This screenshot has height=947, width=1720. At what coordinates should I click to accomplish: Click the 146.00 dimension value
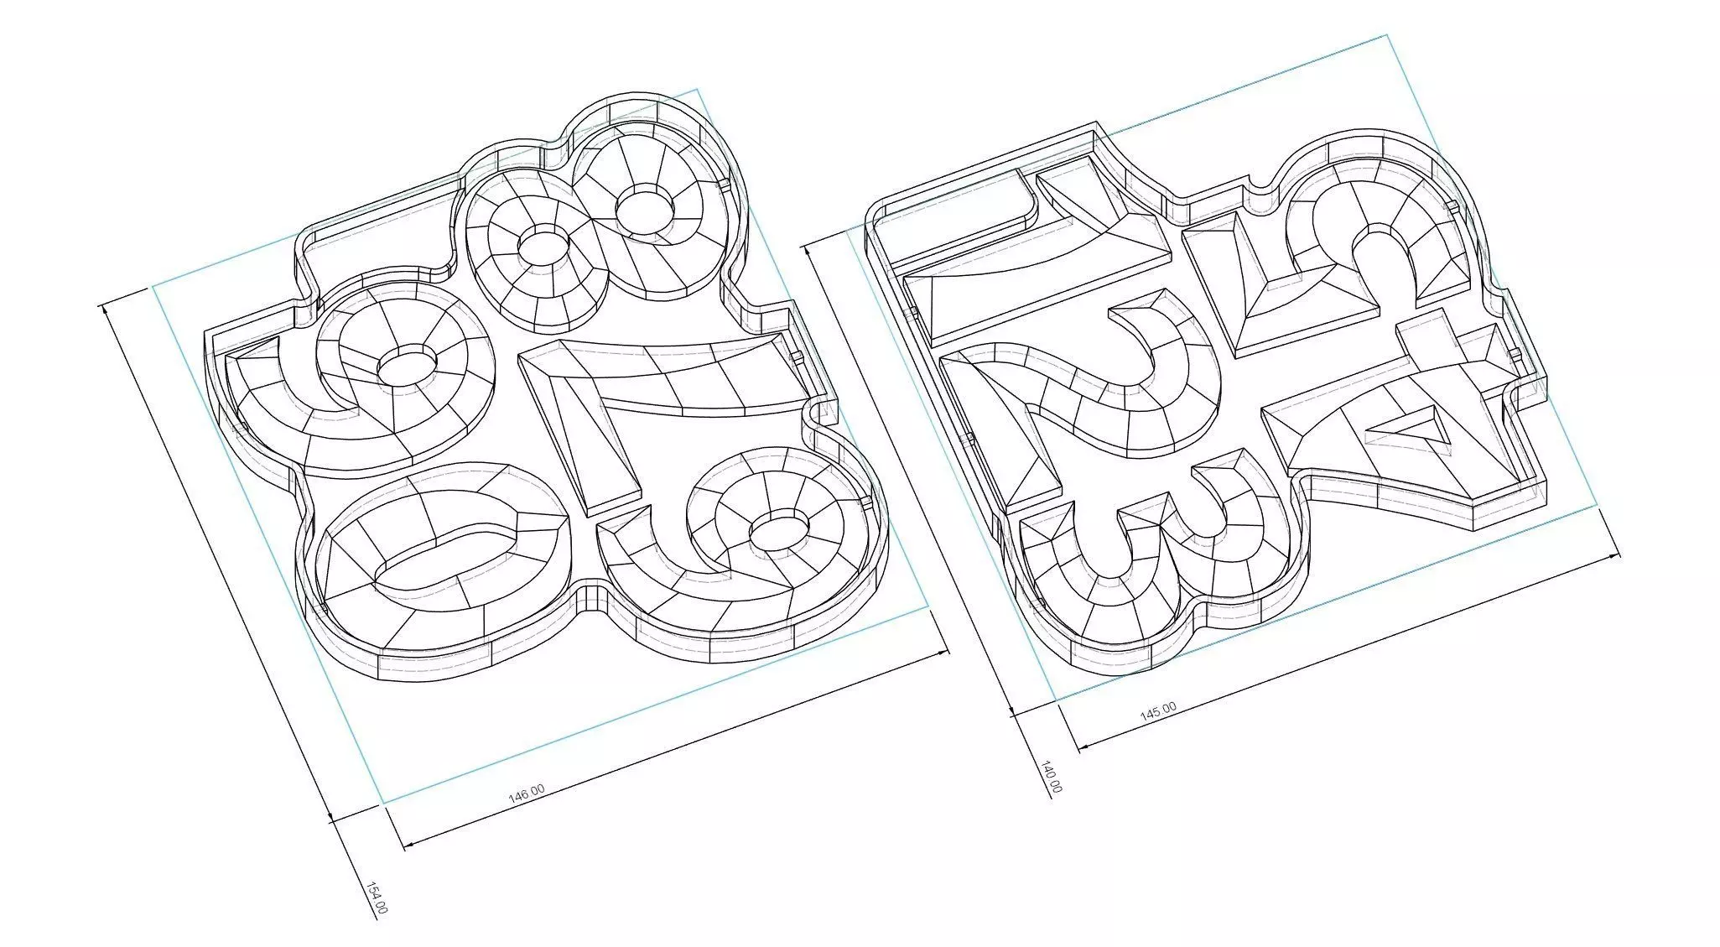click(527, 794)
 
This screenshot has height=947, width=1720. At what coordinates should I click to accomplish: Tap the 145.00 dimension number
click(1157, 712)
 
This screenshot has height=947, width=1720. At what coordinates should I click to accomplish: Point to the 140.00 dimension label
click(1052, 777)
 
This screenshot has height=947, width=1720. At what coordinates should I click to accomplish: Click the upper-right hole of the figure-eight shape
click(646, 207)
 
